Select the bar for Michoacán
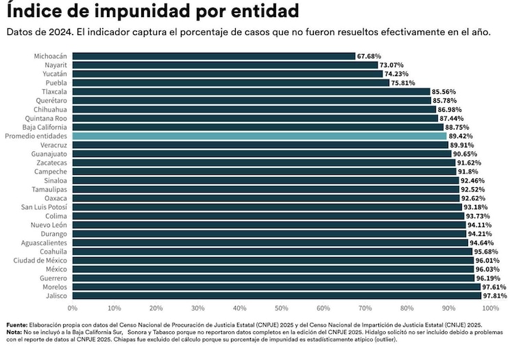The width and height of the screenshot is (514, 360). tap(213, 56)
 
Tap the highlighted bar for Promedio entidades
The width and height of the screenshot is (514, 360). tap(259, 136)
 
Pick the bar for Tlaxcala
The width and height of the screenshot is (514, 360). tap(251, 92)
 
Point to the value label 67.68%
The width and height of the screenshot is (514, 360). tap(369, 56)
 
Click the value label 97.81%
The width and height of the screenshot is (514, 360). tap(495, 296)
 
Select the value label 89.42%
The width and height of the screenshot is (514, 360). tap(461, 136)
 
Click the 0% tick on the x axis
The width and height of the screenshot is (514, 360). tap(73, 309)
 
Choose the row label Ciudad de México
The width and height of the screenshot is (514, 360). tap(41, 261)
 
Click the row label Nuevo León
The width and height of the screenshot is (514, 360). tap(49, 225)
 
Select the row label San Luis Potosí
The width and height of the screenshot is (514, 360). tap(45, 207)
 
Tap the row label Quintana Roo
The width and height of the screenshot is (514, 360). tap(47, 118)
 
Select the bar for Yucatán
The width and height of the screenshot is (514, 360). tap(228, 74)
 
